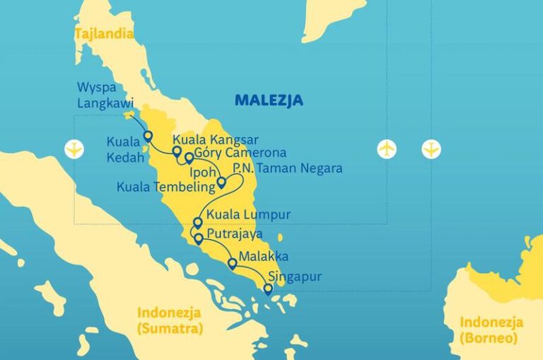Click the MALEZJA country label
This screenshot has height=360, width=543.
point(269,100)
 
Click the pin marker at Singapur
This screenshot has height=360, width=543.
point(267,289)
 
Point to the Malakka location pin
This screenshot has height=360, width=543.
point(232,263)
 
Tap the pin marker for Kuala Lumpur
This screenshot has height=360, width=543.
point(197,223)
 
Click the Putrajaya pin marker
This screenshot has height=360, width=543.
point(199,238)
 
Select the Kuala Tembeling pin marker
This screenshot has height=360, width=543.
point(221,182)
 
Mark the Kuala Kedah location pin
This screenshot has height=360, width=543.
point(148,135)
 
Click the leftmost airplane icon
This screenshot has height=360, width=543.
point(74,149)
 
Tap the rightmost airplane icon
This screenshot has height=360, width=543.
point(431,149)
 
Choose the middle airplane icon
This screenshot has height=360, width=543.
point(387,149)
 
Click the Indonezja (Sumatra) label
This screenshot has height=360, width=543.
point(170,320)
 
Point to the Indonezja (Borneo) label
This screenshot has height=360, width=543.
point(491,329)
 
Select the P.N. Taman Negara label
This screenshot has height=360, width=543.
point(288,168)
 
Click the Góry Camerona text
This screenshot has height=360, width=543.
point(240,153)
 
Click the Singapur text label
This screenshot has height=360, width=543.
point(295,276)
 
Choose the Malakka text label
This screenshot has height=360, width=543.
point(263,255)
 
